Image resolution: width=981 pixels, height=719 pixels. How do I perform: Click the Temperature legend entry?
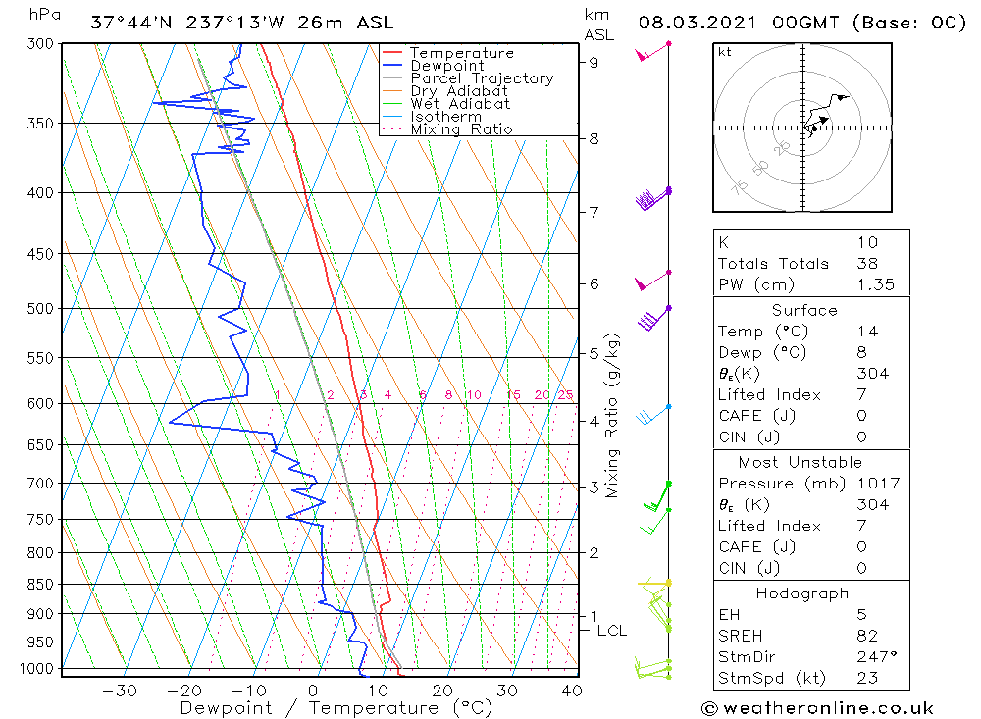point(461,53)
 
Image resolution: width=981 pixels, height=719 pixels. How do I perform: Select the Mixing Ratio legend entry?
point(461,128)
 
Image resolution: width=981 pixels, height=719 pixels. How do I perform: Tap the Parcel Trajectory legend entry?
point(482,78)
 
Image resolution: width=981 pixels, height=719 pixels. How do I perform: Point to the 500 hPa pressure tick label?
point(42,308)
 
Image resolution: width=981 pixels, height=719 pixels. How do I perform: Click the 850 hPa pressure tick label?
point(42,585)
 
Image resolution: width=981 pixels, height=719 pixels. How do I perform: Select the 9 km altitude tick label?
point(594,62)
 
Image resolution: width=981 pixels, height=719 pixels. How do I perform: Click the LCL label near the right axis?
point(611,631)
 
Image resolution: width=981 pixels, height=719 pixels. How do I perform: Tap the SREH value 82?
point(866,636)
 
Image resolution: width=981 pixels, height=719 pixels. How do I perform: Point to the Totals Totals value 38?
point(866,263)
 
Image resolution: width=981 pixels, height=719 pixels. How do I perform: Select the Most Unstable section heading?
point(789,462)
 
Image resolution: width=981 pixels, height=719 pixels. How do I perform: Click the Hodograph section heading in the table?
point(802,593)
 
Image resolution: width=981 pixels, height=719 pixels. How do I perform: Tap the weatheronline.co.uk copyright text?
point(816,707)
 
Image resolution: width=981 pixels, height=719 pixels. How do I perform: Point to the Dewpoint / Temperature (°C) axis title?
point(336,707)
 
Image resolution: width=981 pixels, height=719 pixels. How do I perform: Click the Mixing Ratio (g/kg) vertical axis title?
point(613,415)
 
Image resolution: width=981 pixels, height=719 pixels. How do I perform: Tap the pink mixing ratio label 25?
point(565,394)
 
